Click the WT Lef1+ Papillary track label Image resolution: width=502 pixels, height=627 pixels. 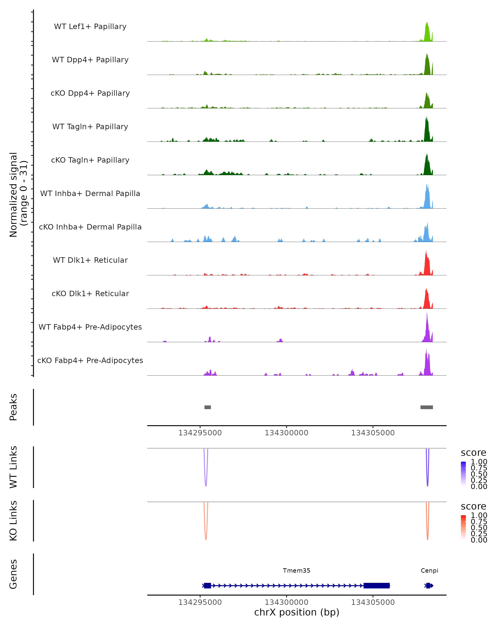pos(90,27)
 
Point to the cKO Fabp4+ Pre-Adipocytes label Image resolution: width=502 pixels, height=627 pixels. pos(90,360)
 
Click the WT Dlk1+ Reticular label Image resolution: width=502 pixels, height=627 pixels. pos(90,260)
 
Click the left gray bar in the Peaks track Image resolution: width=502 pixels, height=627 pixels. pos(207,407)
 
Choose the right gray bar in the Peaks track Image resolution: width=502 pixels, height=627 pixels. pos(427,407)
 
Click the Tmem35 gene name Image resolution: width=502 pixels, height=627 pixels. pos(297,571)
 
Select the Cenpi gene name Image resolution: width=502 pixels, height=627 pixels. pos(429,571)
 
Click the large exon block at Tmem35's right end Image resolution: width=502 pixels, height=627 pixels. pos(376,586)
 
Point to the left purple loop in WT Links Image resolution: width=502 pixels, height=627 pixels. pos(206,477)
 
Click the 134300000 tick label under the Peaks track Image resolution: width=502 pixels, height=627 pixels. pos(286,433)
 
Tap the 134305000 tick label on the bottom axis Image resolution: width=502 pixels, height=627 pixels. pos(373,602)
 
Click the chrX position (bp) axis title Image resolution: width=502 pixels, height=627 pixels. pos(297,612)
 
